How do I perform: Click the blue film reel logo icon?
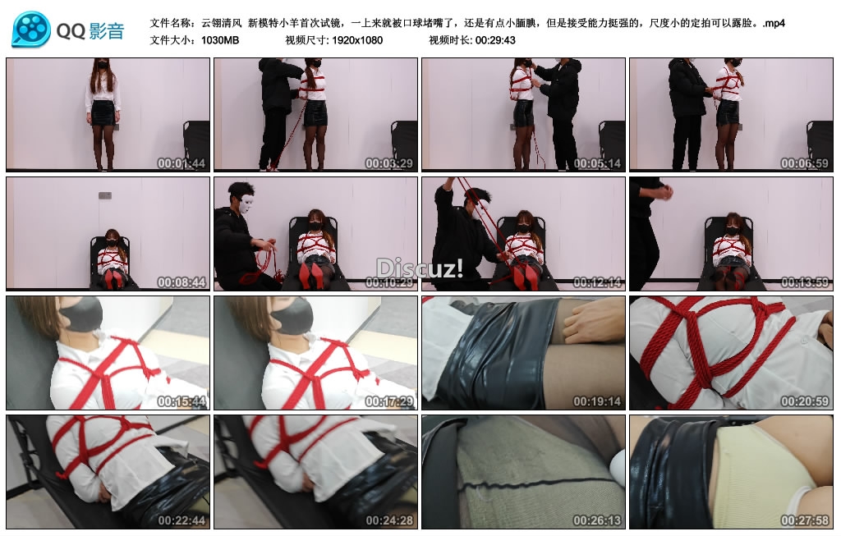point(30,30)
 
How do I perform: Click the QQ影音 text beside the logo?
point(90,31)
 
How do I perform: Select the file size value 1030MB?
point(220,40)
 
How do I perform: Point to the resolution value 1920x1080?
point(357,40)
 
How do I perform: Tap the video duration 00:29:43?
point(495,40)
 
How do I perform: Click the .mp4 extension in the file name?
point(774,23)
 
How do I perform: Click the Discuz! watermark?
point(419,268)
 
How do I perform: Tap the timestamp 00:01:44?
point(181,163)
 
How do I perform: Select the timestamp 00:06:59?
point(805,163)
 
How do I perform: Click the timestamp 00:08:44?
point(181,282)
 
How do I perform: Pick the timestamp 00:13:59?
point(805,282)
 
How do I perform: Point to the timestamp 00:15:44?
point(181,401)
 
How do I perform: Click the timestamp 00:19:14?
point(597,401)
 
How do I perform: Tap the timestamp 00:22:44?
point(181,520)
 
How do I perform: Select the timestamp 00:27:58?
point(805,520)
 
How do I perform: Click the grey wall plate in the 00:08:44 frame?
point(105,195)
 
